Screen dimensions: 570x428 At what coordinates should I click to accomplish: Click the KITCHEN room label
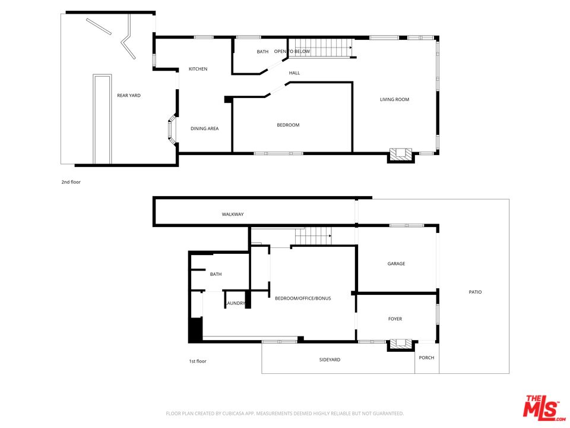pyautogui.click(x=198, y=69)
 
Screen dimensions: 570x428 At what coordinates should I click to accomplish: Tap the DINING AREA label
pyautogui.click(x=205, y=128)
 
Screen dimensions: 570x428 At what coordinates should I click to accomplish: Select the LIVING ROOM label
pyautogui.click(x=394, y=99)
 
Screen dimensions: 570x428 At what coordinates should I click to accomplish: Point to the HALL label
pyautogui.click(x=294, y=73)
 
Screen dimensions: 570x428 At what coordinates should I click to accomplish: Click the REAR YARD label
pyautogui.click(x=129, y=95)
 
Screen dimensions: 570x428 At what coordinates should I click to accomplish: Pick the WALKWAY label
pyautogui.click(x=233, y=215)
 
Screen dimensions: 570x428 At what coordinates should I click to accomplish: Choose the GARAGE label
pyautogui.click(x=396, y=263)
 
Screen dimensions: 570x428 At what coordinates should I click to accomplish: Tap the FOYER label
pyautogui.click(x=395, y=319)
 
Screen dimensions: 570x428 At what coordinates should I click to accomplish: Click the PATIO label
pyautogui.click(x=475, y=292)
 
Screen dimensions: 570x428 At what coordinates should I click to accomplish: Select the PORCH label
pyautogui.click(x=426, y=358)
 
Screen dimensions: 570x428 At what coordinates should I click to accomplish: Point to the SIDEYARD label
pyautogui.click(x=330, y=360)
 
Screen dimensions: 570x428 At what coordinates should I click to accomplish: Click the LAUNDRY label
pyautogui.click(x=236, y=303)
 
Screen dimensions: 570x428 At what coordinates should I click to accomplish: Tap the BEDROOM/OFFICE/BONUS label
pyautogui.click(x=303, y=298)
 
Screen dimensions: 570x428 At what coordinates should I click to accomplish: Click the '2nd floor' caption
pyautogui.click(x=71, y=182)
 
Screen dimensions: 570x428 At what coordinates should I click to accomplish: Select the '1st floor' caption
pyautogui.click(x=197, y=361)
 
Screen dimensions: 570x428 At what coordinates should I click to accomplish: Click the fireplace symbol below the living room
pyautogui.click(x=401, y=155)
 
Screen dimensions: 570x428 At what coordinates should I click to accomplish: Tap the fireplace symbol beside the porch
pyautogui.click(x=401, y=345)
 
